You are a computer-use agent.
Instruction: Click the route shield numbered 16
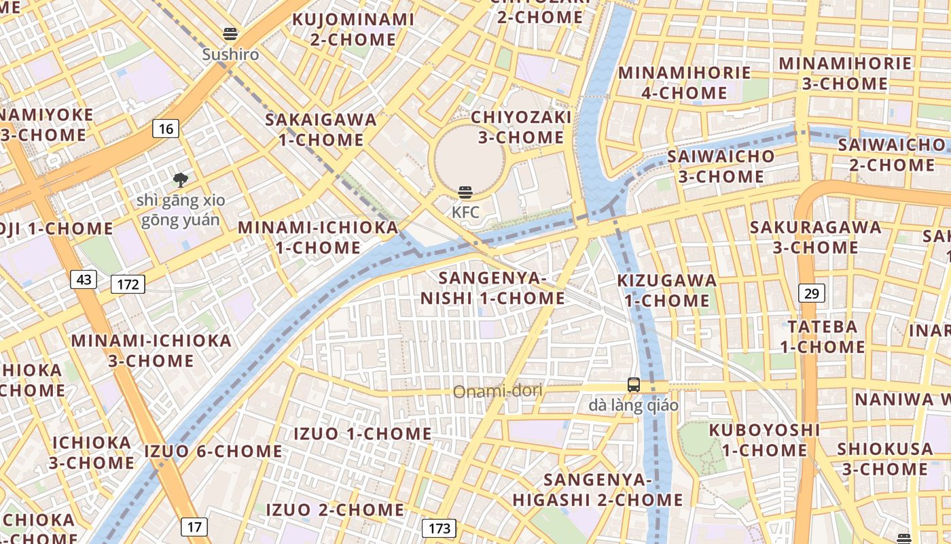166,128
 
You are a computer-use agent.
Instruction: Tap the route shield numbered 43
84,279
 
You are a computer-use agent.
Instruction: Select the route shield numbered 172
128,284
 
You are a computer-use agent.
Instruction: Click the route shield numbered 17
194,526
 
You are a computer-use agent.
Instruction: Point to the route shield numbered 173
439,528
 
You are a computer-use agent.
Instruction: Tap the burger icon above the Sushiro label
230,34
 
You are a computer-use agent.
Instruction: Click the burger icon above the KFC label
465,192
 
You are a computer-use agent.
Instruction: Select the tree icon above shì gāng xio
180,180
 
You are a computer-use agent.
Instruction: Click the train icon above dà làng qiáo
633,385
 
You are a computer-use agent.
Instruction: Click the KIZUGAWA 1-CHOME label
666,290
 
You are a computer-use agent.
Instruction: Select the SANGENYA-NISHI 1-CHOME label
492,288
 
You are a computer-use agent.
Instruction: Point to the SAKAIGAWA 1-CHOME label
321,129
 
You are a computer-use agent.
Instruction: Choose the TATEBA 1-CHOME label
822,337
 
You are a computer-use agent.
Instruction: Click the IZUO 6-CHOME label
213,451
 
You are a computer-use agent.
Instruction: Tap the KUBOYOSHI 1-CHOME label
764,440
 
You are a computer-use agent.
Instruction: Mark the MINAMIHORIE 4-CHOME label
684,82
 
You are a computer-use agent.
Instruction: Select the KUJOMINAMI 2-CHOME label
353,29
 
